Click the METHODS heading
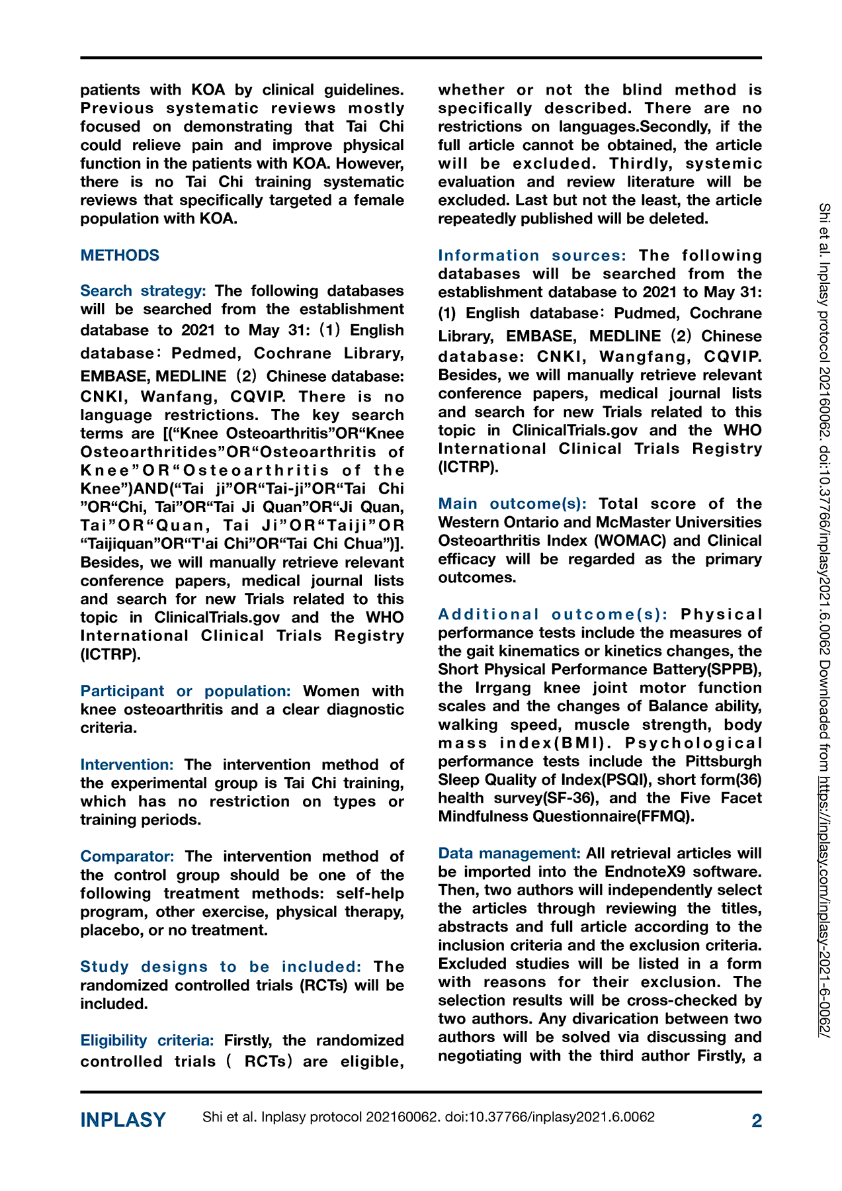(120, 255)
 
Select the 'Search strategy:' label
(143, 290)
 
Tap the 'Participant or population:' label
(185, 691)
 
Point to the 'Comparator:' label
(127, 856)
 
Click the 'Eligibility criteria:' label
(147, 1040)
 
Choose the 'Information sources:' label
(532, 255)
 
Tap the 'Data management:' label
(509, 853)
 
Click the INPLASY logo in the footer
(123, 1120)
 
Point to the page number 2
(757, 1120)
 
